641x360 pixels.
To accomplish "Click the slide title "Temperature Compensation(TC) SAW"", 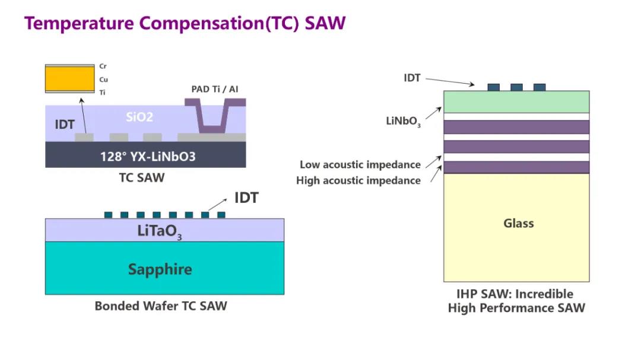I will pos(185,23).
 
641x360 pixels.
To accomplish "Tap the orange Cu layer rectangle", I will pos(69,78).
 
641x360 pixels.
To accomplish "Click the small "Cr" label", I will pos(103,66).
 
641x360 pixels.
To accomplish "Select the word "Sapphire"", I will pos(160,269).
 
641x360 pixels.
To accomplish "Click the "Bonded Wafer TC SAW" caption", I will pos(161,306).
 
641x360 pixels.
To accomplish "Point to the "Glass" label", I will pos(518,224).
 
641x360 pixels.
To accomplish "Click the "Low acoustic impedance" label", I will pos(360,165).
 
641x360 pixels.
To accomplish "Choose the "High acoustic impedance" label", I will pos(358,180).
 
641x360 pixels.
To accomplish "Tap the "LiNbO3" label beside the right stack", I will pos(404,122).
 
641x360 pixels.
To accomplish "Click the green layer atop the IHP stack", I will pos(516,101).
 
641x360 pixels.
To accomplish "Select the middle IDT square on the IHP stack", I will pos(516,87).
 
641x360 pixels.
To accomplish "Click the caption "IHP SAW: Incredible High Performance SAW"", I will pos(516,301).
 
